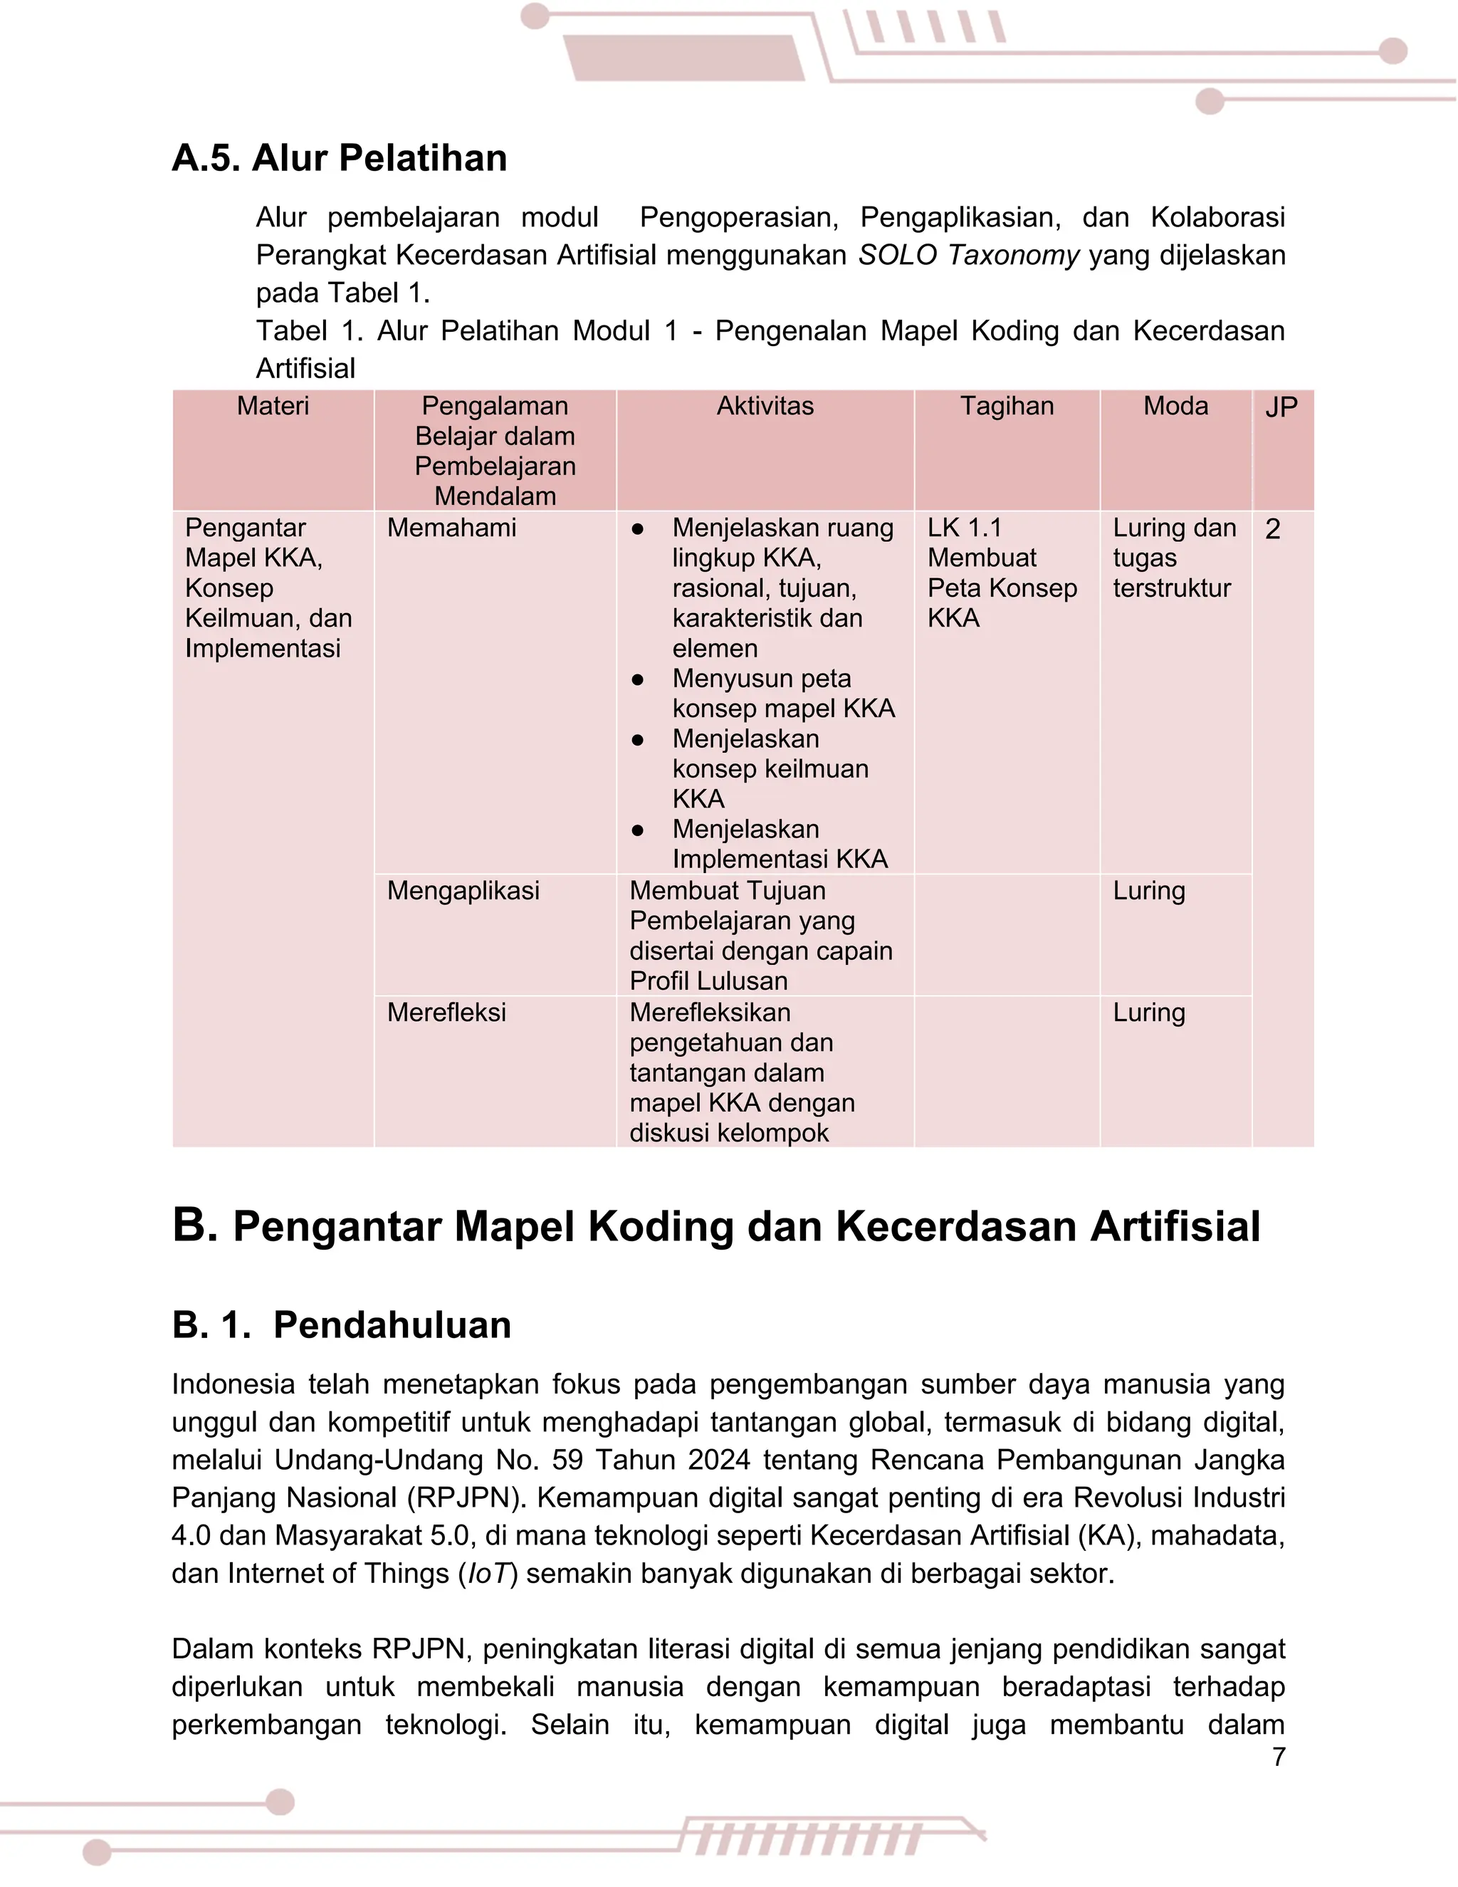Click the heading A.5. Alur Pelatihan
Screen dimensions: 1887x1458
point(340,158)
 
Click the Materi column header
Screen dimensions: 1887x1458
point(273,406)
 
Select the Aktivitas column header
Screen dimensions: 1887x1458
point(765,406)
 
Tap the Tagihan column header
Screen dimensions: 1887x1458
point(1007,406)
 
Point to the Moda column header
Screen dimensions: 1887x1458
point(1175,406)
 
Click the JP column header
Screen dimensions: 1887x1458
point(1281,408)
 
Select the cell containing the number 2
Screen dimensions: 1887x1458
point(1272,529)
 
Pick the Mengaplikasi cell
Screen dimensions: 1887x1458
point(463,891)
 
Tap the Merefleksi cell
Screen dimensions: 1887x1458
point(446,1013)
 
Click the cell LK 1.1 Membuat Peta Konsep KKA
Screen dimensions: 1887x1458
point(1002,573)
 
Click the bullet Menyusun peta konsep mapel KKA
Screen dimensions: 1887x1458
point(782,694)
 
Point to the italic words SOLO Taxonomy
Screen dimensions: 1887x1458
point(968,256)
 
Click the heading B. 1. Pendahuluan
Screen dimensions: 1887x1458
point(341,1324)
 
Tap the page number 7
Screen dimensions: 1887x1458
point(1279,1757)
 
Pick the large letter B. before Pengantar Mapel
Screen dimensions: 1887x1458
point(194,1225)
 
